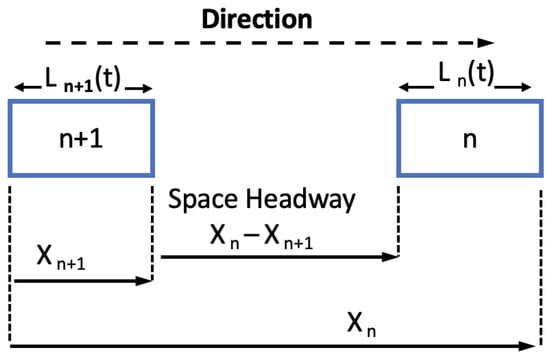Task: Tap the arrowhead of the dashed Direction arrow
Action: [x=489, y=43]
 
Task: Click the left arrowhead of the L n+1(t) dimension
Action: [x=17, y=89]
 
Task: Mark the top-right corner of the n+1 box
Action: [x=152, y=100]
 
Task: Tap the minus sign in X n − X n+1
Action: [x=263, y=236]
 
